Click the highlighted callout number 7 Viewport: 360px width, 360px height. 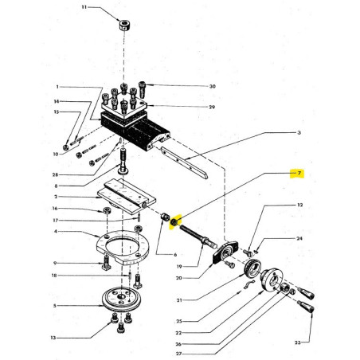300,173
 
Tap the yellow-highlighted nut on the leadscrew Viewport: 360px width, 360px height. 177,219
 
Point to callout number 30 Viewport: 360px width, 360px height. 190,86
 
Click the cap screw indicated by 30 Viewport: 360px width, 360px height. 143,86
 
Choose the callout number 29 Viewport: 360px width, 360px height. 190,106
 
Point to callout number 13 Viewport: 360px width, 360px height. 54,338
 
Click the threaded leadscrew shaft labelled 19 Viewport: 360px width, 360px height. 199,233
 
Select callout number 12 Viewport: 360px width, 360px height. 300,205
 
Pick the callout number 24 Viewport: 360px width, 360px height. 300,238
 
